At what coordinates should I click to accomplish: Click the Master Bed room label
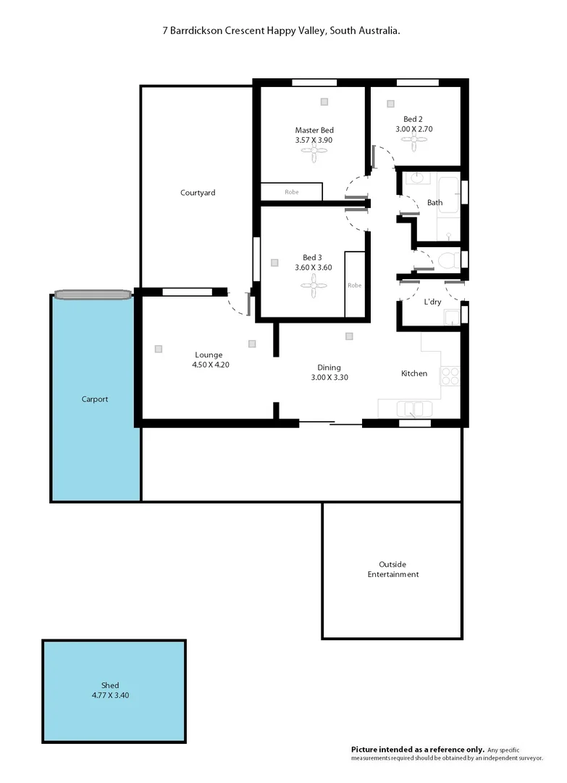coord(314,130)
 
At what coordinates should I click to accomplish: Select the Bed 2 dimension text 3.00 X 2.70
coord(413,129)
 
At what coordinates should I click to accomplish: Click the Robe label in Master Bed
coord(291,193)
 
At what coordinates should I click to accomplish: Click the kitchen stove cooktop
coord(450,376)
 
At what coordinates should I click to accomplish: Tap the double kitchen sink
coord(410,409)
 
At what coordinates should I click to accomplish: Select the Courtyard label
coord(198,193)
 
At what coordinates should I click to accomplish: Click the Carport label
coord(95,399)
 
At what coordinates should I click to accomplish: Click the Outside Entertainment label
coord(392,569)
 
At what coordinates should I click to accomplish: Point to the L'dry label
coord(432,302)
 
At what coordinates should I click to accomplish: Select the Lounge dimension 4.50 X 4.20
coord(211,365)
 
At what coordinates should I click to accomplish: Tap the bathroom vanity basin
coord(416,178)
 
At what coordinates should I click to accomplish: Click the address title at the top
coord(282,31)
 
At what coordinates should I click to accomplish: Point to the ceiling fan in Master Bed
coord(314,153)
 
